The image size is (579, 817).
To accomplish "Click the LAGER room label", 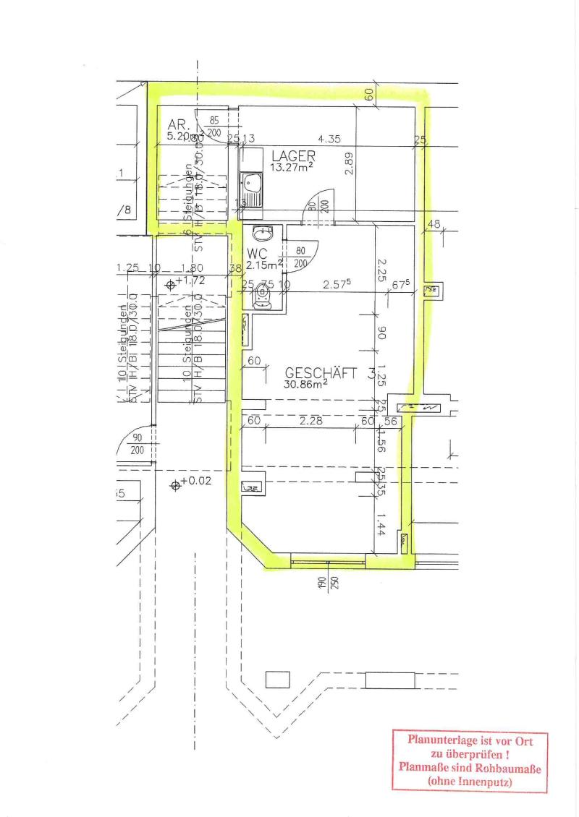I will coord(293,155).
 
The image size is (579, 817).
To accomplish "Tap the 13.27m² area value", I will coord(292,168).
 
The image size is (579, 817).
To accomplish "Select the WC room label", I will coord(258,254).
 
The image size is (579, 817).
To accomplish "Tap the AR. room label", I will coord(178,124).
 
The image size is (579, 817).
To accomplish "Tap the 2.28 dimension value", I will coord(310,421).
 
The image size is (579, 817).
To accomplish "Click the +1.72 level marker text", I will coord(190,280).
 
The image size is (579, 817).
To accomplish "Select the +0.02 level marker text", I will coord(195,481).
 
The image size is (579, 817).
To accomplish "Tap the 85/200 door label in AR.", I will coord(214,127).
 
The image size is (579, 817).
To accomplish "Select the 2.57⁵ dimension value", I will coord(337,285).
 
